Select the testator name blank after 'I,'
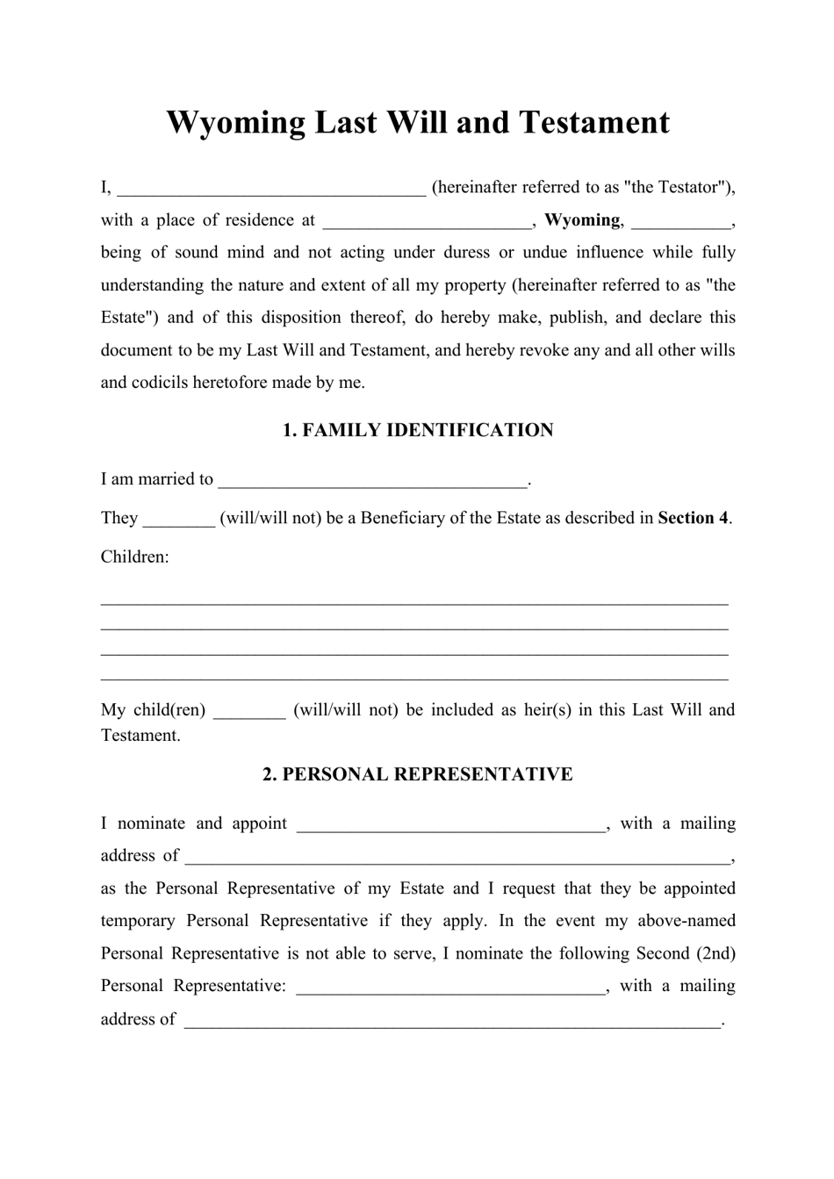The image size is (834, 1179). pos(271,189)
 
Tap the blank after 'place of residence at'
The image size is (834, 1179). pos(428,221)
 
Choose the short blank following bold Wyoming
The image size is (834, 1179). pos(680,221)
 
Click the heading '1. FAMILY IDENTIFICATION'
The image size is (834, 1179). pos(418,430)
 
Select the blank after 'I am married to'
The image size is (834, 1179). pos(372,480)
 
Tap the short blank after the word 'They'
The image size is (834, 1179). pos(178,519)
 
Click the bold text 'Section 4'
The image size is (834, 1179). pos(693,518)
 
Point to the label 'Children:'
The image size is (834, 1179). pos(135,557)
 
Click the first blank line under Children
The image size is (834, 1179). pos(414,602)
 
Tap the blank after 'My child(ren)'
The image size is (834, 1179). pos(249,711)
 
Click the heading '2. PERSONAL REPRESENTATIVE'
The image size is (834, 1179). pos(418,774)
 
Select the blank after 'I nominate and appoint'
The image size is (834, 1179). pos(451,825)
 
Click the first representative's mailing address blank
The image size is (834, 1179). pos(457,858)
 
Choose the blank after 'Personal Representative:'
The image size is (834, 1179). pos(451,988)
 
